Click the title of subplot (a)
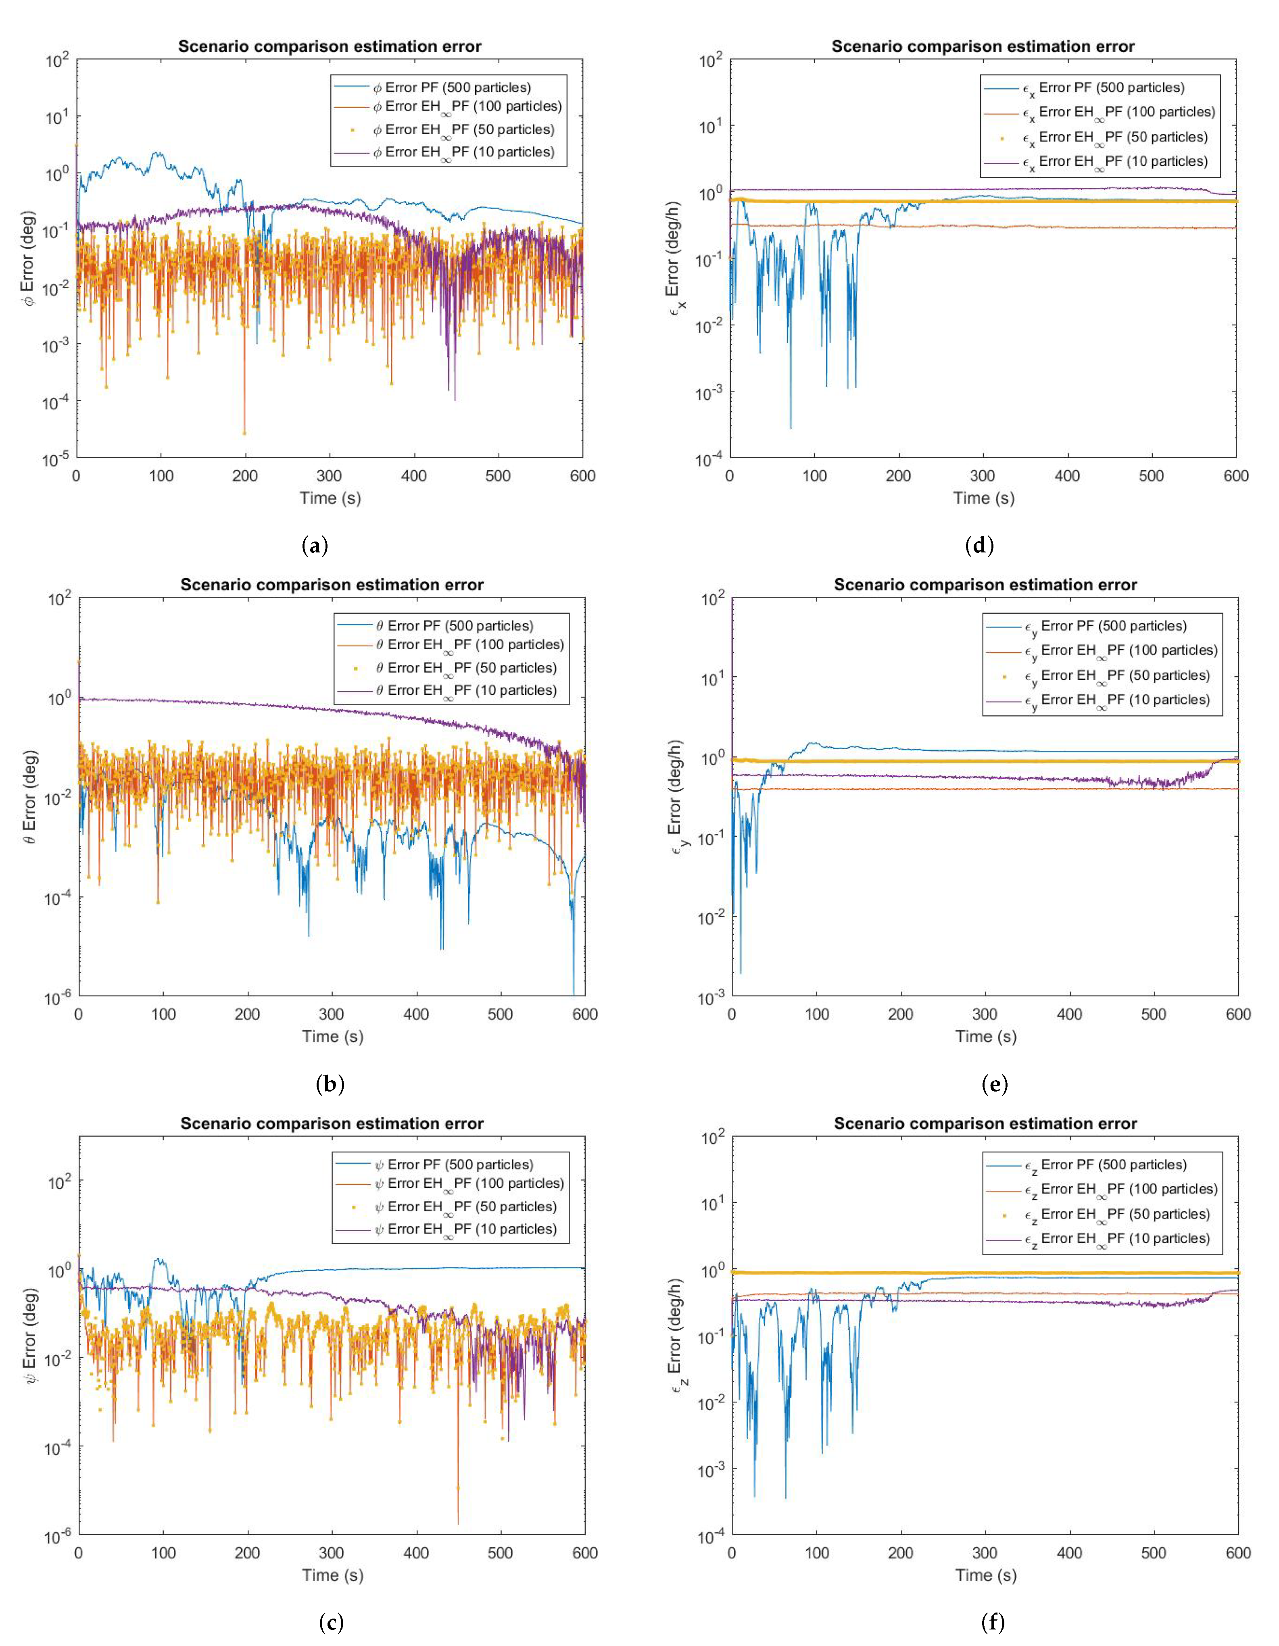tap(330, 47)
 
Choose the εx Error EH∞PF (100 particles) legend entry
tap(1118, 112)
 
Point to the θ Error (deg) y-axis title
tap(30, 797)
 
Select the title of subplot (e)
tap(985, 585)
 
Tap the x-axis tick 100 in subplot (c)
tap(163, 1553)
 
